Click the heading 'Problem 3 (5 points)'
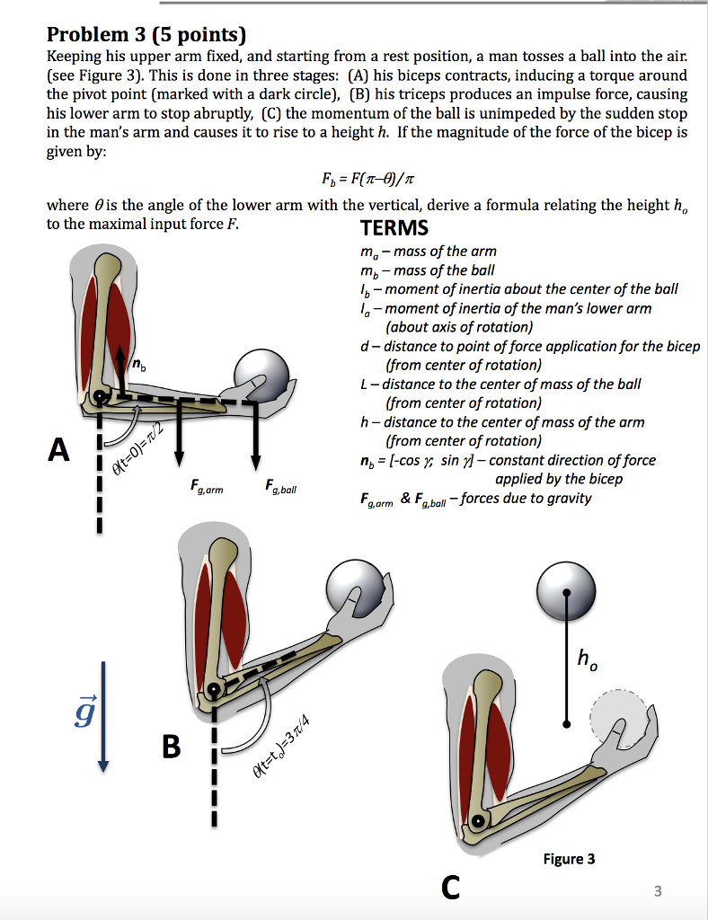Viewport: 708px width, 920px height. pyautogui.click(x=146, y=36)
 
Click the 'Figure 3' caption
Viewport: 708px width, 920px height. pyautogui.click(x=569, y=859)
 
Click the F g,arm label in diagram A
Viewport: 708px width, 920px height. pyautogui.click(x=207, y=488)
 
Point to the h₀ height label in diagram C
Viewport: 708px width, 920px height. pyautogui.click(x=586, y=662)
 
